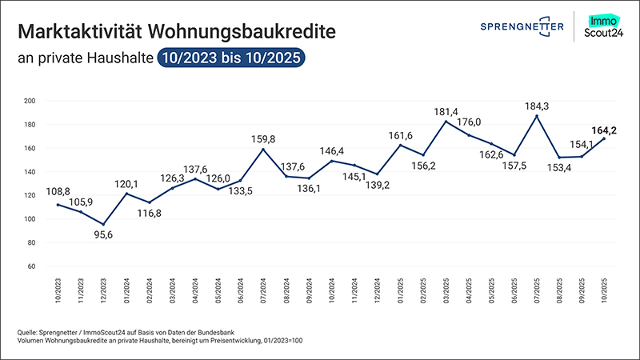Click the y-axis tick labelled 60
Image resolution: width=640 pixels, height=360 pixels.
tap(30, 266)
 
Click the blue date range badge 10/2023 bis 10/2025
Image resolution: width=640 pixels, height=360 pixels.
tap(231, 58)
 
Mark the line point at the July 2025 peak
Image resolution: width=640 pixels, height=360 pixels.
tap(536, 116)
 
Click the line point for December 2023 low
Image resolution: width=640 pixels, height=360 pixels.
tap(102, 225)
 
